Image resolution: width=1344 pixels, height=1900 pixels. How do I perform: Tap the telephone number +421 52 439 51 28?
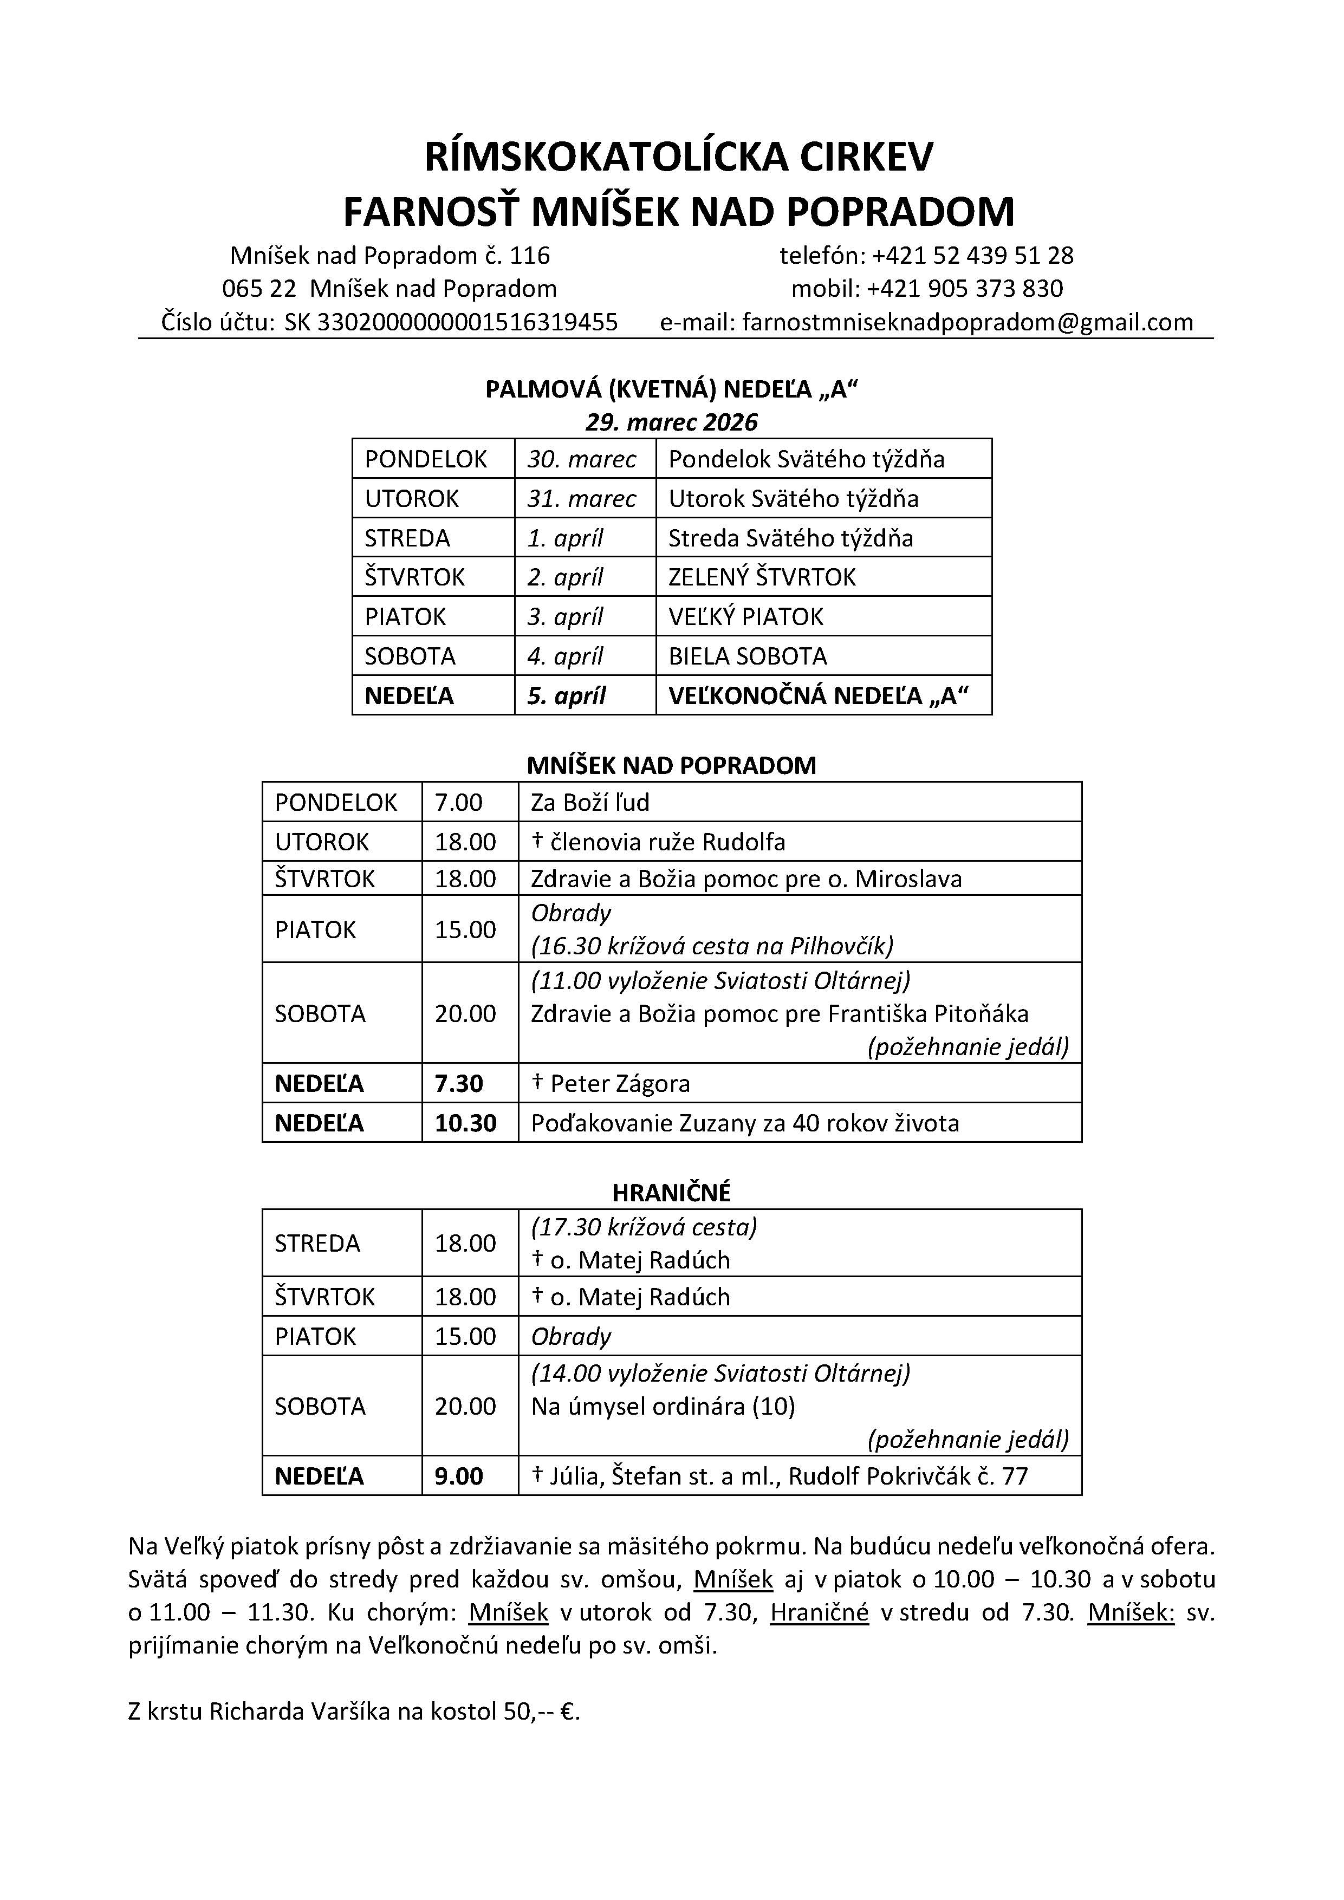tap(972, 255)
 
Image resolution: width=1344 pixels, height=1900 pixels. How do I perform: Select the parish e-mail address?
tap(968, 321)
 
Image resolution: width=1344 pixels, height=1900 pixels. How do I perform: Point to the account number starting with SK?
tap(451, 321)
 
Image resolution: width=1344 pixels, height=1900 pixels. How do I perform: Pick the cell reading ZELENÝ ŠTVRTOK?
tap(761, 577)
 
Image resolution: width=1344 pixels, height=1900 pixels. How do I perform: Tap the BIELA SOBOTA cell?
tap(748, 656)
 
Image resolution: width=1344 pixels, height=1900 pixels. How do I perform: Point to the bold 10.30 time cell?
tap(465, 1123)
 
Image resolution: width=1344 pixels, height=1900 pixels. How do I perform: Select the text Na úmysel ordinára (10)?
tap(662, 1406)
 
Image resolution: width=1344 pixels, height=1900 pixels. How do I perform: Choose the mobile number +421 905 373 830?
tap(964, 288)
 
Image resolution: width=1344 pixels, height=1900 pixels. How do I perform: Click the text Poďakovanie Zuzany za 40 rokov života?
tap(745, 1123)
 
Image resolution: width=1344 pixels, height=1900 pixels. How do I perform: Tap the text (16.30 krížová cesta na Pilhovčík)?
tap(712, 945)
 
